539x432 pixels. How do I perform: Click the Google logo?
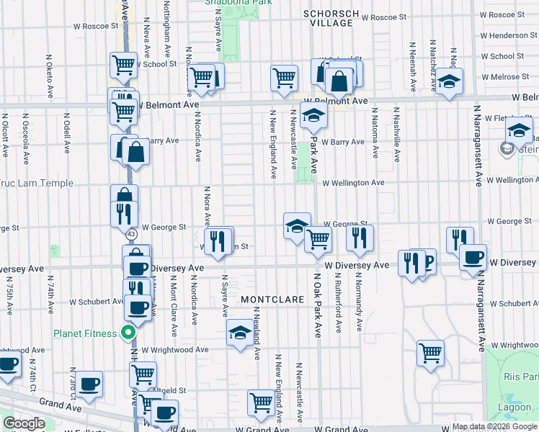(23, 423)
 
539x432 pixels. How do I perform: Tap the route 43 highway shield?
(130, 235)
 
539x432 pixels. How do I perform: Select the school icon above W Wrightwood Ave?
(240, 333)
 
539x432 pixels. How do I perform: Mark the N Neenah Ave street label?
(413, 66)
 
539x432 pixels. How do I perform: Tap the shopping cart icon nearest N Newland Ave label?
(262, 403)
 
